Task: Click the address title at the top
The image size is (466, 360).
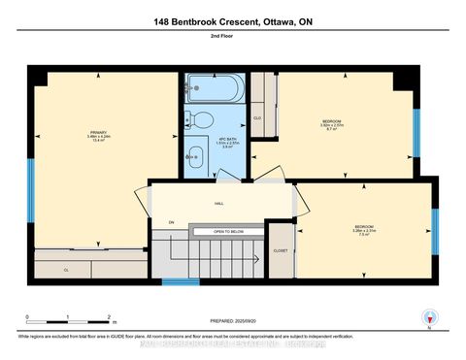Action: [x=232, y=21]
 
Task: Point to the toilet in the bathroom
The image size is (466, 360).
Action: [x=201, y=120]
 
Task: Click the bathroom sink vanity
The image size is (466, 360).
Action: [x=195, y=156]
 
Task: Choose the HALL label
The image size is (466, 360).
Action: [x=219, y=204]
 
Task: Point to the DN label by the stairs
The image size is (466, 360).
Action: [x=171, y=221]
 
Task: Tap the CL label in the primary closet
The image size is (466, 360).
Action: [x=66, y=268]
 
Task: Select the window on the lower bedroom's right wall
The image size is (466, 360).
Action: [x=435, y=224]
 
